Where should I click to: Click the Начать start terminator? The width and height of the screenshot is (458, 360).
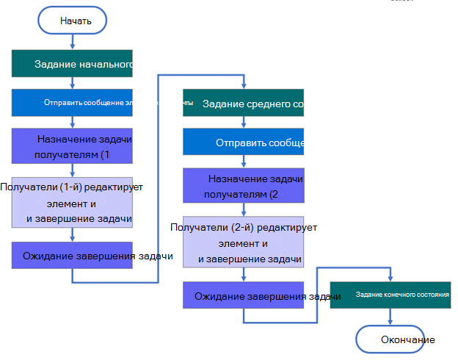pos(72,21)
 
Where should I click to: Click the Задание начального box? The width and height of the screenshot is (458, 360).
pos(72,64)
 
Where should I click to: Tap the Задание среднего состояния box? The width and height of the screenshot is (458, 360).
pos(243,104)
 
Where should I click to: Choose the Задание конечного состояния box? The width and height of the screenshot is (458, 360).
pos(390,295)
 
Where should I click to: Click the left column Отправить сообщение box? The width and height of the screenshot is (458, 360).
pos(72,103)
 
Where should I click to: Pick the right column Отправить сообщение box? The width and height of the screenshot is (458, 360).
pos(243,143)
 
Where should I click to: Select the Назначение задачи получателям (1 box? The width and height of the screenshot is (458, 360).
pos(72,145)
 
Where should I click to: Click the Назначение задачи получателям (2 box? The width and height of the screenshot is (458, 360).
pos(243,186)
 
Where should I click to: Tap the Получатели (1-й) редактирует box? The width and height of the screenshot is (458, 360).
pos(72,203)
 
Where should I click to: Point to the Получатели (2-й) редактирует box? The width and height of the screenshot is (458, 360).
pos(243,243)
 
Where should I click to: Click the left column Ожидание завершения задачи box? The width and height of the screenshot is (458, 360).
pos(72,255)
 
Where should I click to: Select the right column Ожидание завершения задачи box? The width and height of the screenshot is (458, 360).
pos(243,295)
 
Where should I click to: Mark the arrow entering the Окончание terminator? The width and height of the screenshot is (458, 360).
pos(390,317)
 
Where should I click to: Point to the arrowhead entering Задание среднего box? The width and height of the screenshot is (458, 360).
pos(243,87)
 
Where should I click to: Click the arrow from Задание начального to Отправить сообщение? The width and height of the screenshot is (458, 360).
pos(72,83)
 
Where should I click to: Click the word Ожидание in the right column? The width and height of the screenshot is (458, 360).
pos(219,296)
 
